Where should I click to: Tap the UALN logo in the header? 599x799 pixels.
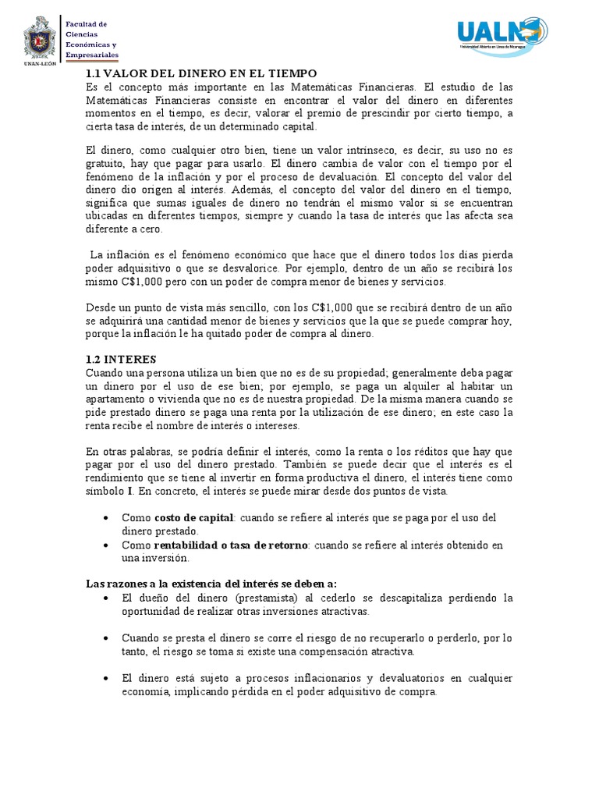(x=502, y=34)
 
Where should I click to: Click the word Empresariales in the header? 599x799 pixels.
(x=92, y=55)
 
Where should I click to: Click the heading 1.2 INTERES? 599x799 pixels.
(x=121, y=359)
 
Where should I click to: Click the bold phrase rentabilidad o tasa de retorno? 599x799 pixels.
(x=231, y=545)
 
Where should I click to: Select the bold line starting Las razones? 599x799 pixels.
(x=211, y=584)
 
